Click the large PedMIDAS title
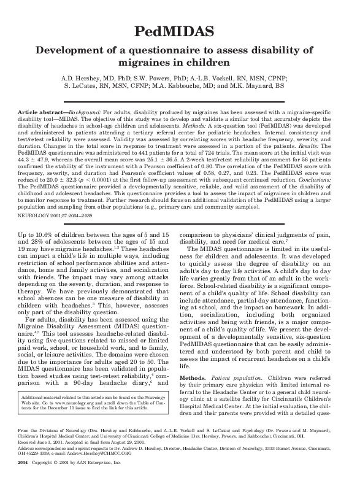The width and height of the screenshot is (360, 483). point(180,30)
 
